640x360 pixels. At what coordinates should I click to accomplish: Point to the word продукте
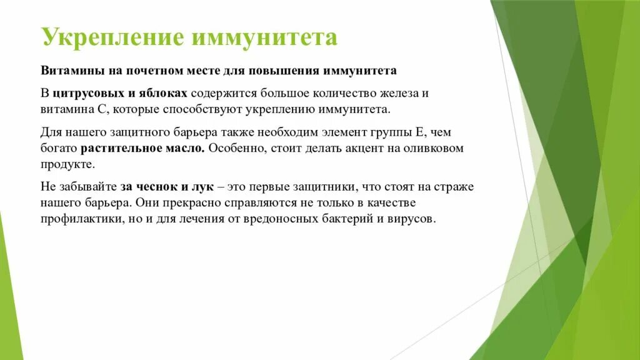point(67,165)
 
